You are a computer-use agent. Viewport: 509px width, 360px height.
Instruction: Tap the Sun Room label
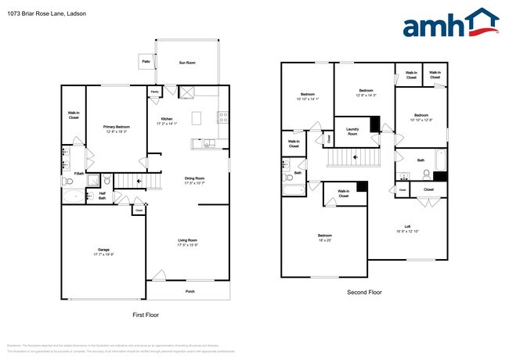[186, 62]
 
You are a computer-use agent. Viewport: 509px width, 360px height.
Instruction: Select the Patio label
[146, 60]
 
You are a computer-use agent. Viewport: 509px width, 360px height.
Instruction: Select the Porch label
[189, 291]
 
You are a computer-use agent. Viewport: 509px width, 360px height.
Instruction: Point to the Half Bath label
[102, 195]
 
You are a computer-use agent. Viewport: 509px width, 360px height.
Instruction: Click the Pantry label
[153, 92]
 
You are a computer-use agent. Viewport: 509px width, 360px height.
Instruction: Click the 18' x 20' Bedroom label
[324, 236]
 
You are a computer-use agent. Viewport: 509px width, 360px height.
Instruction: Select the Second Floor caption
[365, 292]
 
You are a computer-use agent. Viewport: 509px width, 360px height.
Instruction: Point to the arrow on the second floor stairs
[357, 157]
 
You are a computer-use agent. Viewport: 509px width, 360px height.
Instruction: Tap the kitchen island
[196, 118]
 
